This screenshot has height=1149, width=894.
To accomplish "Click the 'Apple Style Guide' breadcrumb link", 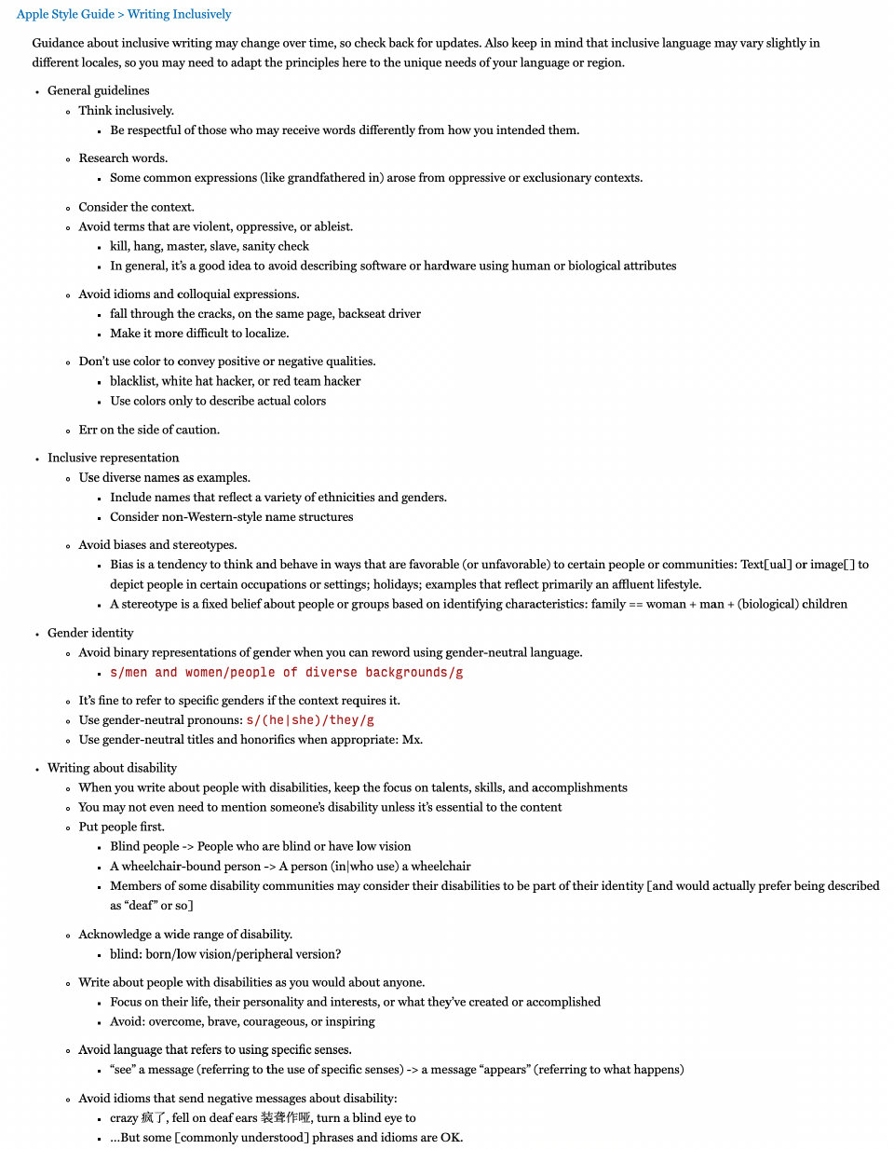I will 65,14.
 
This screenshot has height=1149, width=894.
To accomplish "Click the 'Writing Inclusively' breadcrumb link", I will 179,14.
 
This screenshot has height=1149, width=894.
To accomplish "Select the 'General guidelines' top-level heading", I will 99,90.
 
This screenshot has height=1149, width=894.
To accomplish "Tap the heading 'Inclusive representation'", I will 114,458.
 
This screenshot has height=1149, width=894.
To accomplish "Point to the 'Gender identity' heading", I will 90,633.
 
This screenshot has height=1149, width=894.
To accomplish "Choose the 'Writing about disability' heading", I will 112,768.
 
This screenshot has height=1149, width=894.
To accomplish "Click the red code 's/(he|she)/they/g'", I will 310,720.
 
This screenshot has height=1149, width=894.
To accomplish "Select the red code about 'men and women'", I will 286,673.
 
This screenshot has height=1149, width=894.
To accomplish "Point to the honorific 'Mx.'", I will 413,740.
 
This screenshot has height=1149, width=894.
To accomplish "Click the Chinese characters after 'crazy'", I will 154,1118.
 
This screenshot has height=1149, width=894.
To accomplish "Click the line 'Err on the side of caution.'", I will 149,430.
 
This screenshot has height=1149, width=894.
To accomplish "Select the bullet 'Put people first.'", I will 121,827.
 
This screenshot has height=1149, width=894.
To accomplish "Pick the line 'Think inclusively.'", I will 126,110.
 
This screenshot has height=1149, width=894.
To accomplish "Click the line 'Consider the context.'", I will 136,207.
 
